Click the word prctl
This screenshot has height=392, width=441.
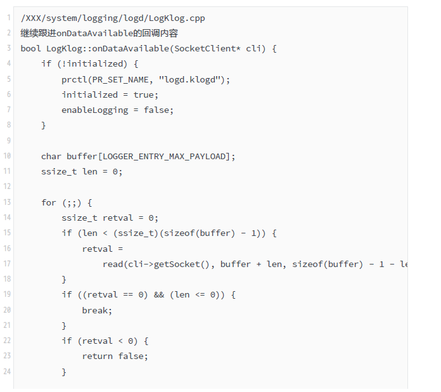point(74,79)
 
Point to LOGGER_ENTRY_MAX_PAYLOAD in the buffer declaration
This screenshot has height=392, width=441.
point(163,156)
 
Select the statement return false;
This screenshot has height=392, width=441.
point(115,356)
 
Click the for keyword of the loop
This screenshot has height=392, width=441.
point(49,202)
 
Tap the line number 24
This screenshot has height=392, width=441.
point(7,372)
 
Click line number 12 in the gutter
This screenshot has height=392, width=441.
point(7,187)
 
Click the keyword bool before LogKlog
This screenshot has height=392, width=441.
point(30,48)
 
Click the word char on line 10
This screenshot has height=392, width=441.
point(51,156)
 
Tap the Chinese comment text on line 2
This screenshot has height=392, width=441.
point(99,33)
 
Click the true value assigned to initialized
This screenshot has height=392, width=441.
point(143,95)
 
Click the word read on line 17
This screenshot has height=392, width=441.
point(112,264)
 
